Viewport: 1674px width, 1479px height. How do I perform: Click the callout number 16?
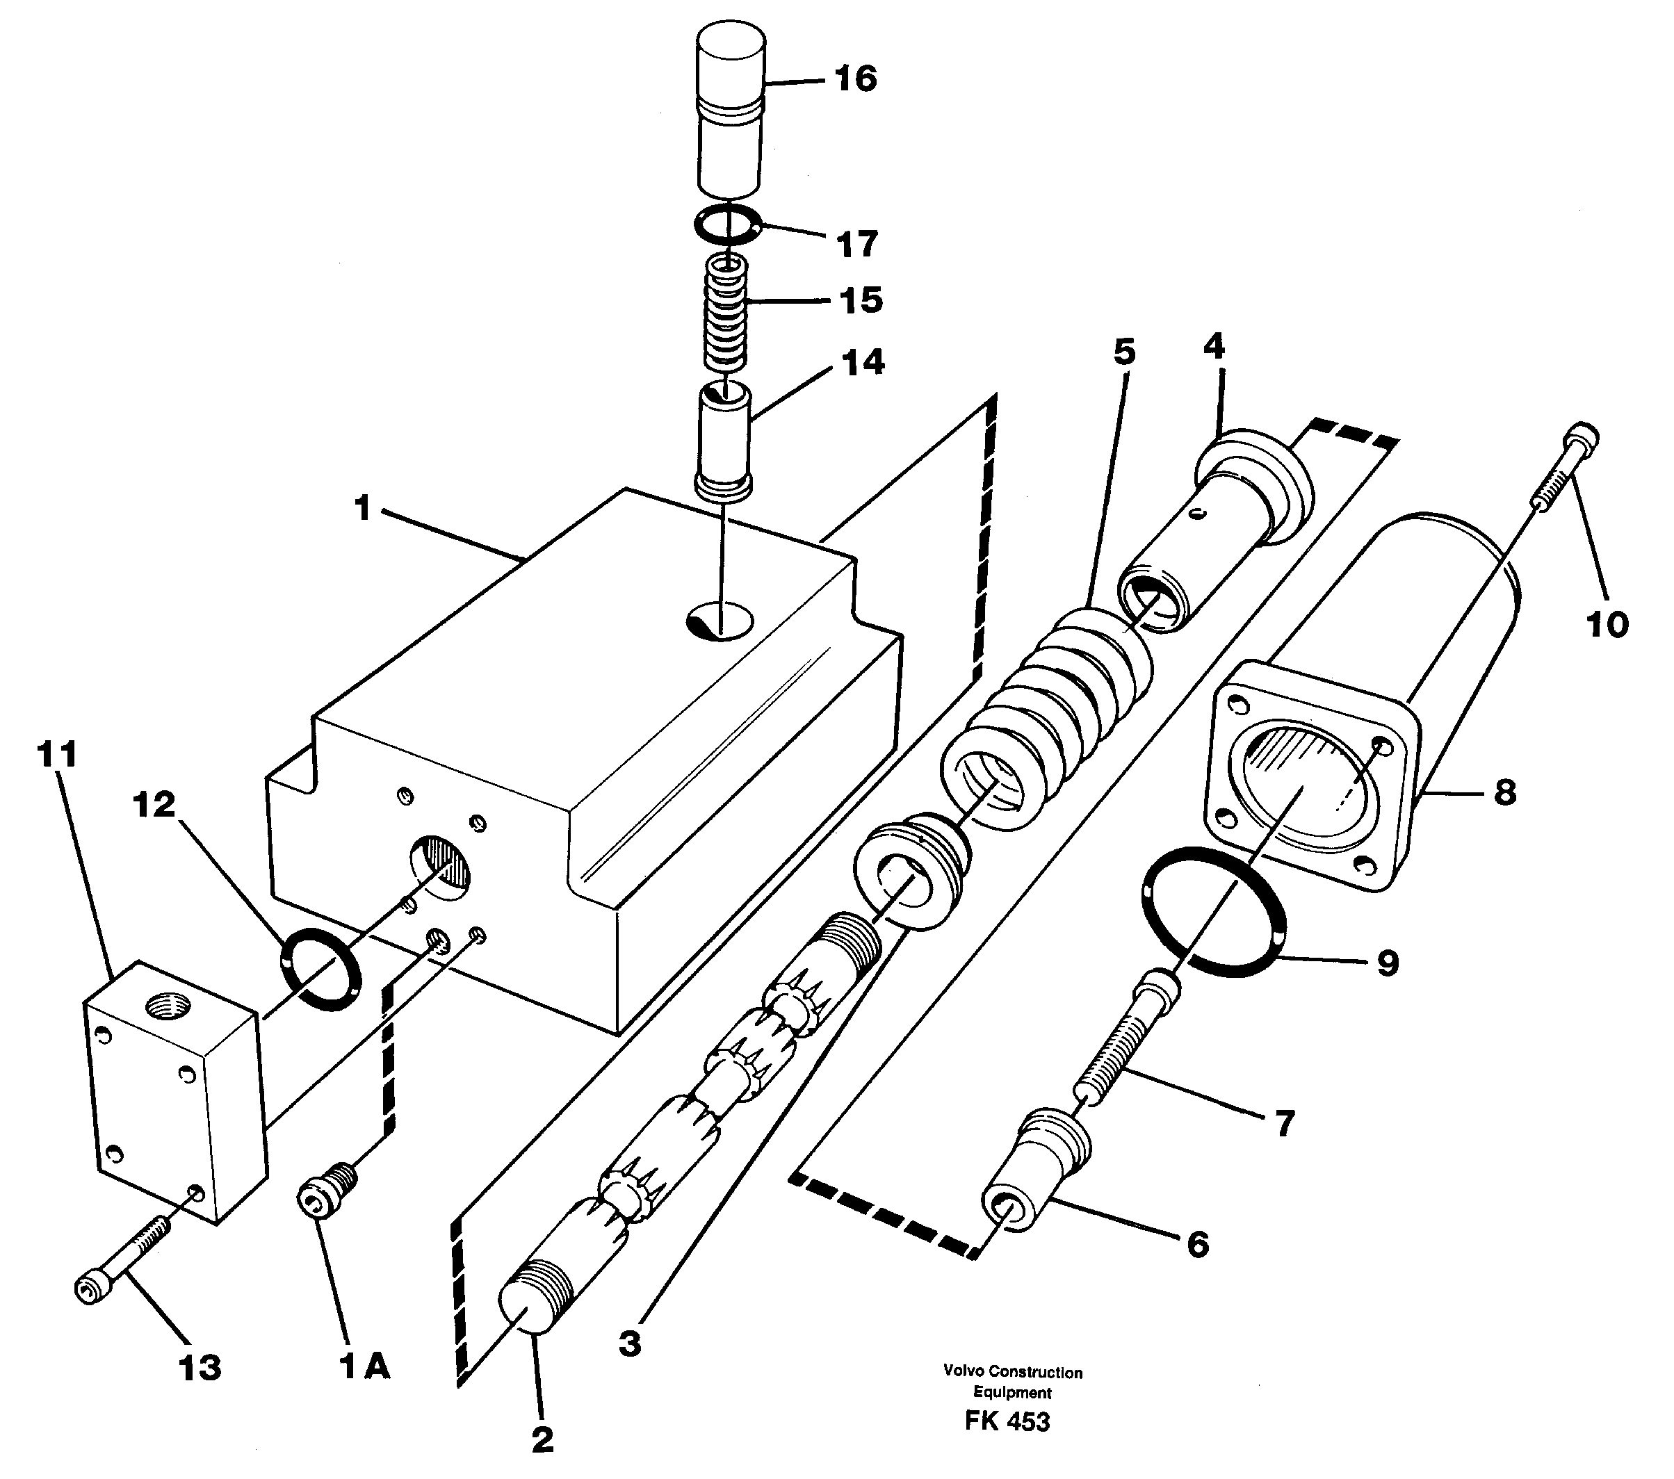[x=855, y=79]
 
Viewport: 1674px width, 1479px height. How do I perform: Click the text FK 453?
[x=1007, y=1421]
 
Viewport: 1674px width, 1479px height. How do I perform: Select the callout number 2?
[x=542, y=1439]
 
